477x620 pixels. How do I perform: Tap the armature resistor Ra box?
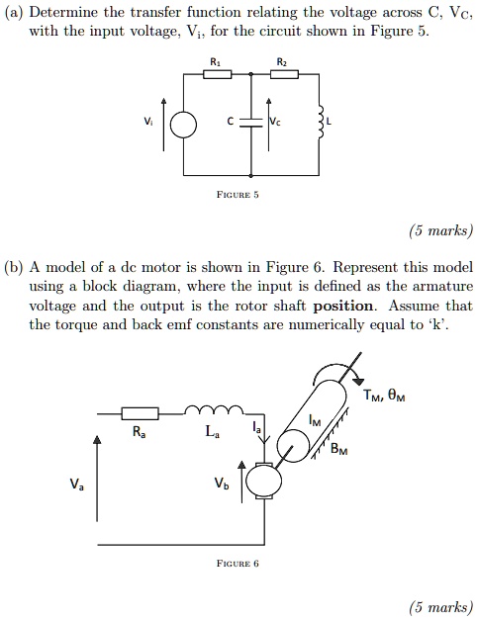pyautogui.click(x=140, y=412)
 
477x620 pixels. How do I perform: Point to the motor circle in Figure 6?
pyautogui.click(x=263, y=481)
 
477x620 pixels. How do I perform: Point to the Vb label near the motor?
pyautogui.click(x=221, y=485)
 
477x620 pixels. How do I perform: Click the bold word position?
pyautogui.click(x=342, y=306)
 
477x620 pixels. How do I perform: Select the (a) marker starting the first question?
pyautogui.click(x=14, y=12)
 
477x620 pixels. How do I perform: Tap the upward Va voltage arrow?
pyautogui.click(x=97, y=485)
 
